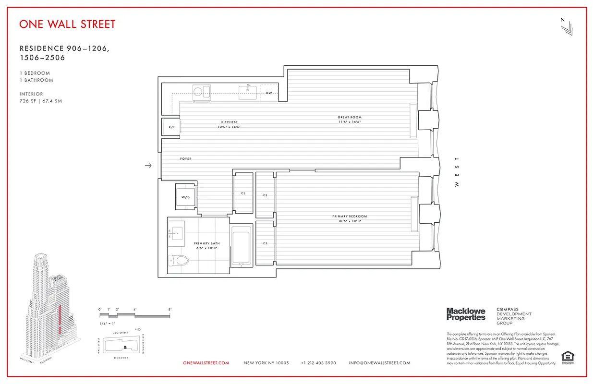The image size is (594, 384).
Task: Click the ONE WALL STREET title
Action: pyautogui.click(x=67, y=24)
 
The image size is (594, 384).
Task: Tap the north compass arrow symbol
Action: pyautogui.click(x=566, y=28)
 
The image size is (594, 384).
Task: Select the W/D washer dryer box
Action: pyautogui.click(x=185, y=197)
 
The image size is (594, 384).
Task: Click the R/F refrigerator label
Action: pyautogui.click(x=171, y=127)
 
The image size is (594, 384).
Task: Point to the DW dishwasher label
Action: pyautogui.click(x=269, y=93)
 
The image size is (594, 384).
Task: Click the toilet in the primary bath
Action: pyautogui.click(x=179, y=261)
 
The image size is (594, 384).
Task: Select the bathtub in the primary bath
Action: pyautogui.click(x=242, y=245)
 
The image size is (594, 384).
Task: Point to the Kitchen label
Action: pyautogui.click(x=229, y=122)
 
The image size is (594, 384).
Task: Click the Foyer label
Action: pyautogui.click(x=186, y=159)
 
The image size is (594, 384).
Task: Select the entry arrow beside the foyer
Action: pyautogui.click(x=148, y=166)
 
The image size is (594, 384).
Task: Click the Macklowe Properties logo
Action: pyautogui.click(x=466, y=314)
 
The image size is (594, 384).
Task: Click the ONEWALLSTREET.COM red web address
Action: pyautogui.click(x=206, y=363)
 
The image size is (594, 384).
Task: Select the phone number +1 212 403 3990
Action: pyautogui.click(x=318, y=363)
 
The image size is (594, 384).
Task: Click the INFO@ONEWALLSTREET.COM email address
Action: pyautogui.click(x=379, y=363)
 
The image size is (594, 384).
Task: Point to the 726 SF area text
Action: pyautogui.click(x=41, y=101)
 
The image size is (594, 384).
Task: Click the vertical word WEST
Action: pyautogui.click(x=457, y=171)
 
